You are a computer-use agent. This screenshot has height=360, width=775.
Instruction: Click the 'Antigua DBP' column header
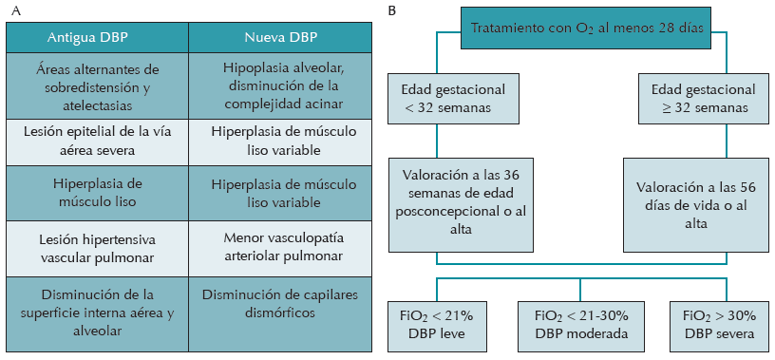tap(98, 36)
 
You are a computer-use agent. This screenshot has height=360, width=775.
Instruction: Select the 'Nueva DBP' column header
tap(283, 36)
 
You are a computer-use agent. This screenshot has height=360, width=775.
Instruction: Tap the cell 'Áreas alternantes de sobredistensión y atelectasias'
tap(98, 85)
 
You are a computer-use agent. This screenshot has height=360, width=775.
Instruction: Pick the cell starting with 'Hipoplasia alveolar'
tap(283, 85)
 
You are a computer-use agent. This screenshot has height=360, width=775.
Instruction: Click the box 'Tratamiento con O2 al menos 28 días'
tap(588, 29)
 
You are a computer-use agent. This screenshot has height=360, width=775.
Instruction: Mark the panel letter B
tap(392, 9)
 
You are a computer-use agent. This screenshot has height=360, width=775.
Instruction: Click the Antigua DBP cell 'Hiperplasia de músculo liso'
tap(98, 192)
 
